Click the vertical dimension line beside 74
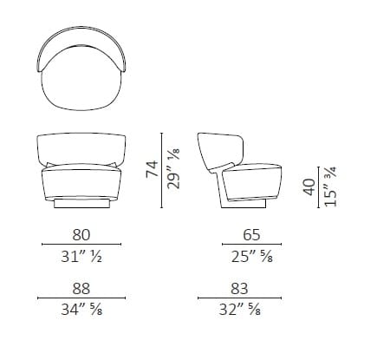coord(164,170)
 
